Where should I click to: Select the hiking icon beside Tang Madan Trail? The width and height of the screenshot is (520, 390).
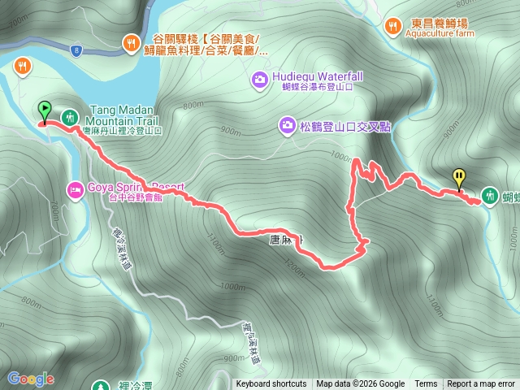click(x=70, y=116)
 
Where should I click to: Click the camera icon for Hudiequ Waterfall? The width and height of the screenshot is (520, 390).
click(x=259, y=79)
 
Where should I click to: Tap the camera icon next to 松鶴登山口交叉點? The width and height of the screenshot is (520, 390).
click(x=287, y=124)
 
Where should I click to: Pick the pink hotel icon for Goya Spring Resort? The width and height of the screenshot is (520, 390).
click(x=75, y=189)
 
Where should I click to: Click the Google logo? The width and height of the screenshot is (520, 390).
click(x=31, y=379)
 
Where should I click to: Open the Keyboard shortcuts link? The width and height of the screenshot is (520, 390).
click(x=271, y=384)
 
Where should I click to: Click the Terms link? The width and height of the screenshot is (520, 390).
click(x=426, y=384)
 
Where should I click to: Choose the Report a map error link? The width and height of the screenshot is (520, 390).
click(x=481, y=384)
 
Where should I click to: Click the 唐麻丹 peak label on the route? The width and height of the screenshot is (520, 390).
click(x=286, y=240)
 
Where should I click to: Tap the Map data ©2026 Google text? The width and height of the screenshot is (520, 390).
click(x=361, y=384)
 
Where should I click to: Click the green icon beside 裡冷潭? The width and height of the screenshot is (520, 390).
click(x=101, y=387)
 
